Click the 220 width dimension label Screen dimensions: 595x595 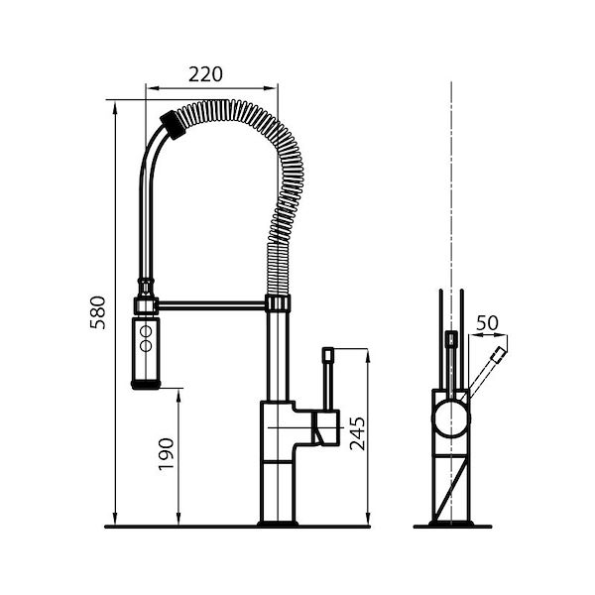204,74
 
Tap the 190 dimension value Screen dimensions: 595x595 166,455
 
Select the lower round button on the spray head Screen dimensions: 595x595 146,346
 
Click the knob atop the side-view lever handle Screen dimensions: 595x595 329,351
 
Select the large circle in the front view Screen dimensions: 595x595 451,416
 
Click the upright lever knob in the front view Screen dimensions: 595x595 451,340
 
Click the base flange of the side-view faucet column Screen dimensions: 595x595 277,520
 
